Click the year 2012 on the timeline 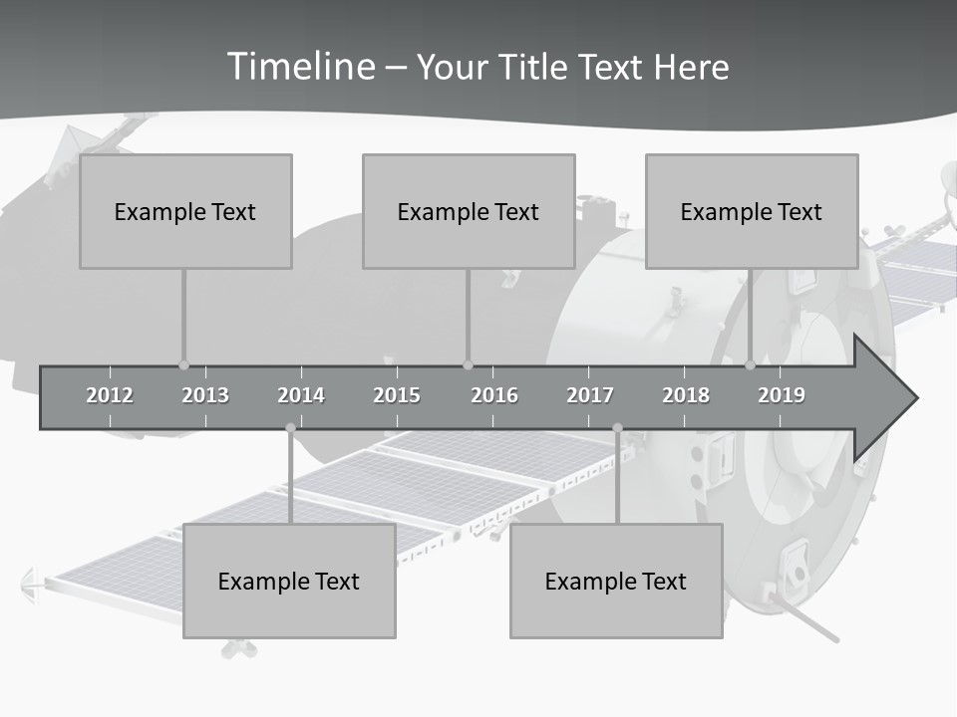pyautogui.click(x=110, y=395)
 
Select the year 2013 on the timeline pyautogui.click(x=205, y=395)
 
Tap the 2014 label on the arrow pyautogui.click(x=301, y=395)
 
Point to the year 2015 pyautogui.click(x=397, y=395)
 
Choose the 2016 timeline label pyautogui.click(x=494, y=395)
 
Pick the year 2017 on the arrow pyautogui.click(x=590, y=395)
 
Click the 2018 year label pyautogui.click(x=686, y=395)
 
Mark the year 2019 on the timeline pyautogui.click(x=782, y=395)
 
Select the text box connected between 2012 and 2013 pyautogui.click(x=185, y=211)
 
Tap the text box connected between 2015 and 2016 pyautogui.click(x=469, y=211)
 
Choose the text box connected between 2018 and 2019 pyautogui.click(x=752, y=211)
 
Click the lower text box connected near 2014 pyautogui.click(x=289, y=581)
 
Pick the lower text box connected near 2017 pyautogui.click(x=616, y=581)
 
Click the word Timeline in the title pyautogui.click(x=300, y=67)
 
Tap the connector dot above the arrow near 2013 pyautogui.click(x=183, y=365)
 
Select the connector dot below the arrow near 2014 pyautogui.click(x=290, y=428)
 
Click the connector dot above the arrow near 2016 pyautogui.click(x=468, y=365)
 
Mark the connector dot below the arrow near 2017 pyautogui.click(x=617, y=428)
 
